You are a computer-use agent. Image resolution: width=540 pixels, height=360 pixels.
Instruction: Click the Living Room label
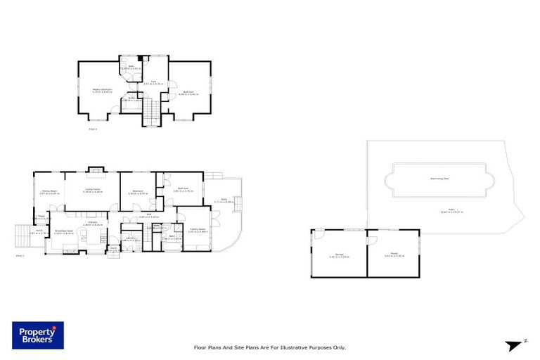(x=93, y=189)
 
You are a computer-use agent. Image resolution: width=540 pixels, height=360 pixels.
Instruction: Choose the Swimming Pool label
(x=439, y=179)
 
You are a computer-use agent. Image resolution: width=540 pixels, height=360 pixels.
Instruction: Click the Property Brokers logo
(x=37, y=335)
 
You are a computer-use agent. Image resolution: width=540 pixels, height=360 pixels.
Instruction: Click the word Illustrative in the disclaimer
(x=302, y=347)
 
